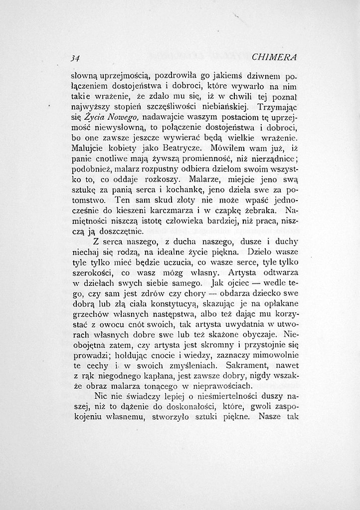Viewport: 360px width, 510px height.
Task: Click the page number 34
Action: point(75,57)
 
